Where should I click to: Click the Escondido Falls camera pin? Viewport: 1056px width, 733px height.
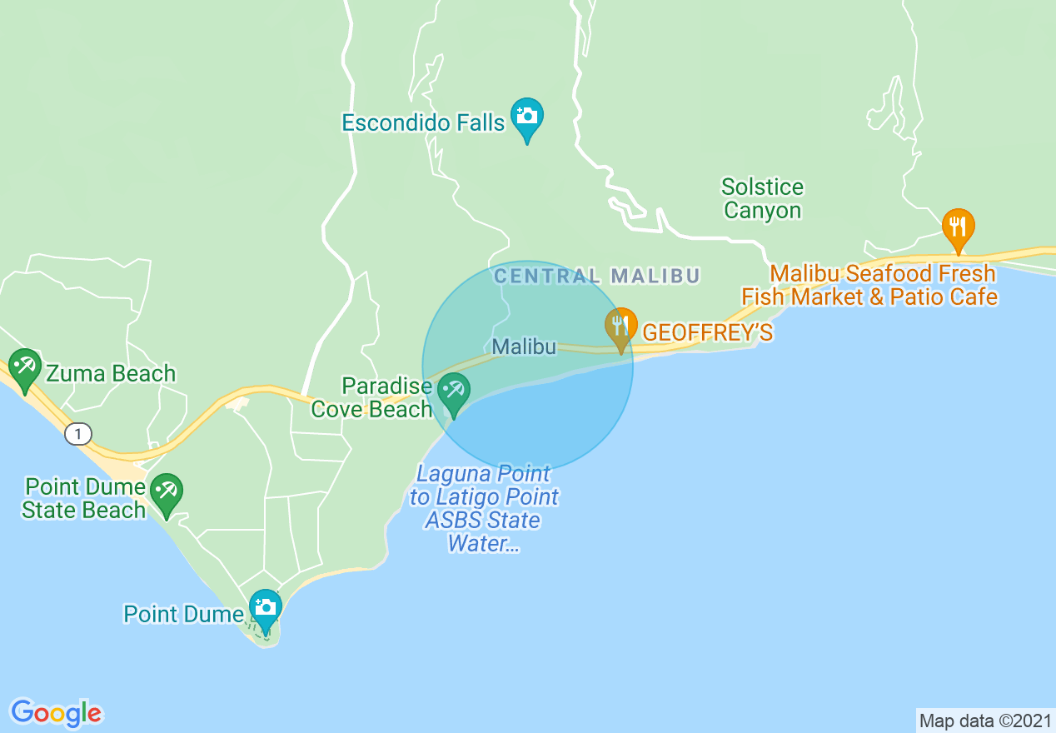[526, 115]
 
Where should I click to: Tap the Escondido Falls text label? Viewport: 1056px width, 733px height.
[423, 123]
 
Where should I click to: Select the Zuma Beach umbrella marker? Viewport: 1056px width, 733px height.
[25, 366]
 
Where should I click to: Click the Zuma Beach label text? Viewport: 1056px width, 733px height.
[110, 373]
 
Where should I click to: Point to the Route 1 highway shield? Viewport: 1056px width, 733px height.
[77, 433]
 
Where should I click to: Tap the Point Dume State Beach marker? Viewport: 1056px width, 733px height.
[167, 491]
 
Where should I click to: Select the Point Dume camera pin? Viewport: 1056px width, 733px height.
[265, 606]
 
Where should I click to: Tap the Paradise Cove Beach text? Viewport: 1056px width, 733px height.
[378, 397]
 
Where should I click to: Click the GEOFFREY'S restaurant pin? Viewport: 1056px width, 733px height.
[620, 326]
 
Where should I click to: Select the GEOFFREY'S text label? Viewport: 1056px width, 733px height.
[707, 332]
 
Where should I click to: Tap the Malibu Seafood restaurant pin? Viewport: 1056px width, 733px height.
[959, 226]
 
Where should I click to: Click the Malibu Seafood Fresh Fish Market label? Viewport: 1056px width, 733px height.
[869, 285]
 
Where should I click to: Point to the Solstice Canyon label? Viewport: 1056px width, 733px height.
[762, 198]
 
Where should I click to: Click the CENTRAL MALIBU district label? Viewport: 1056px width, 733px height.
[596, 276]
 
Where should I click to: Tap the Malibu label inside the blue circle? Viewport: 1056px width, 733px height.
[524, 347]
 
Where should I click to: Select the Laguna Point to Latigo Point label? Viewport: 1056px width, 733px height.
[484, 508]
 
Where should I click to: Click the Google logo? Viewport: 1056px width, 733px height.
[56, 713]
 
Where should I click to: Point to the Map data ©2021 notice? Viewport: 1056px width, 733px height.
[985, 721]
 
